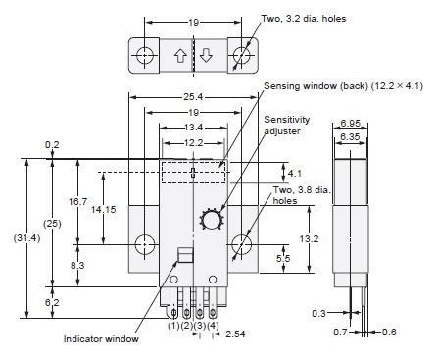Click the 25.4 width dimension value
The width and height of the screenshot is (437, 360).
click(x=193, y=97)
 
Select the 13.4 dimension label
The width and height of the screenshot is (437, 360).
click(x=193, y=128)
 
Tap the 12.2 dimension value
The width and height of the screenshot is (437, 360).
click(x=193, y=143)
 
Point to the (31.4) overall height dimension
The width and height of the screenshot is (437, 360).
click(x=26, y=238)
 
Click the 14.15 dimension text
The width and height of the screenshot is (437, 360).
click(x=103, y=209)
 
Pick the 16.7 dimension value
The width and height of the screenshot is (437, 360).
click(x=77, y=201)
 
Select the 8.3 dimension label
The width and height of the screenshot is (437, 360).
click(x=77, y=265)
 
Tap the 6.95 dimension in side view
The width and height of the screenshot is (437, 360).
click(x=350, y=123)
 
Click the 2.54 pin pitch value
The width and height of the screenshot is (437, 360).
click(x=235, y=334)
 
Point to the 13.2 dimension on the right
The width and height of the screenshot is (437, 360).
click(x=309, y=238)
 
